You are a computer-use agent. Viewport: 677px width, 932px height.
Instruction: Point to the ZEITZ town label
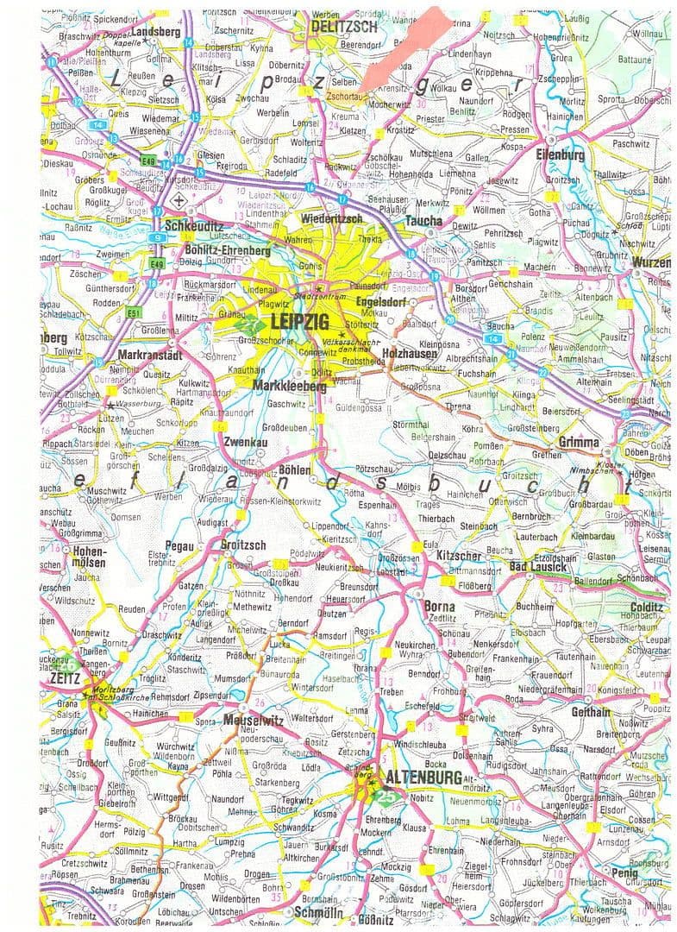tap(66, 678)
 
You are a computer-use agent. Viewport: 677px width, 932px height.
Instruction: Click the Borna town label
tap(440, 607)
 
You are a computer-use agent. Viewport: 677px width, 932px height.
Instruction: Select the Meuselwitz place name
tap(253, 719)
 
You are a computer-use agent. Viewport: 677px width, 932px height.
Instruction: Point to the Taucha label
tap(423, 221)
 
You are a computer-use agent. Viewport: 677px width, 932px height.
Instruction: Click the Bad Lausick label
tap(538, 567)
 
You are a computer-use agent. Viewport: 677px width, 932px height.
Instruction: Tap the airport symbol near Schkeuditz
tap(179, 200)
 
